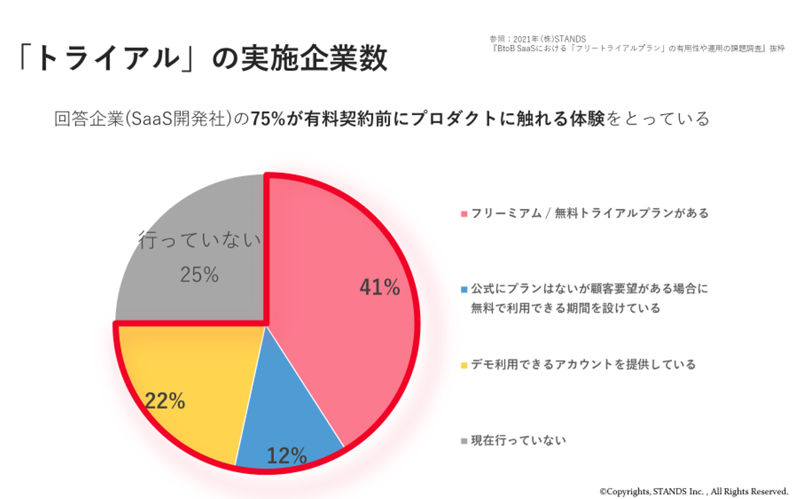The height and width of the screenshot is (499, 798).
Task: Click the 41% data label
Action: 380,287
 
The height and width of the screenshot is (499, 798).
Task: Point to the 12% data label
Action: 287,456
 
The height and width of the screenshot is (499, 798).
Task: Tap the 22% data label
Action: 165,400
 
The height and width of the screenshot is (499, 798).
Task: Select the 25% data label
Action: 199,275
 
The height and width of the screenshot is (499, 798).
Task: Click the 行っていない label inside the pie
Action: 199,240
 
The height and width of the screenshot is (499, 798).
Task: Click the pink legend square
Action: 464,214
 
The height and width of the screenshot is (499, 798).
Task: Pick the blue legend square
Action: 464,290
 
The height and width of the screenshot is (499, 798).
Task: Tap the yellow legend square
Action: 464,366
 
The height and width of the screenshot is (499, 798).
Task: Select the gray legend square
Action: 464,441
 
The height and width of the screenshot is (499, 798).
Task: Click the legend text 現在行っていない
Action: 519,441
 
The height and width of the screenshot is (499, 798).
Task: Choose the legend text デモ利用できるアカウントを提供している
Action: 583,364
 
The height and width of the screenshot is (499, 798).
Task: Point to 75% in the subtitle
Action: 268,119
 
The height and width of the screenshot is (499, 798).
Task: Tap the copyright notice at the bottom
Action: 693,492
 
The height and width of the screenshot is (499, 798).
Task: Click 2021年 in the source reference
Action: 525,39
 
